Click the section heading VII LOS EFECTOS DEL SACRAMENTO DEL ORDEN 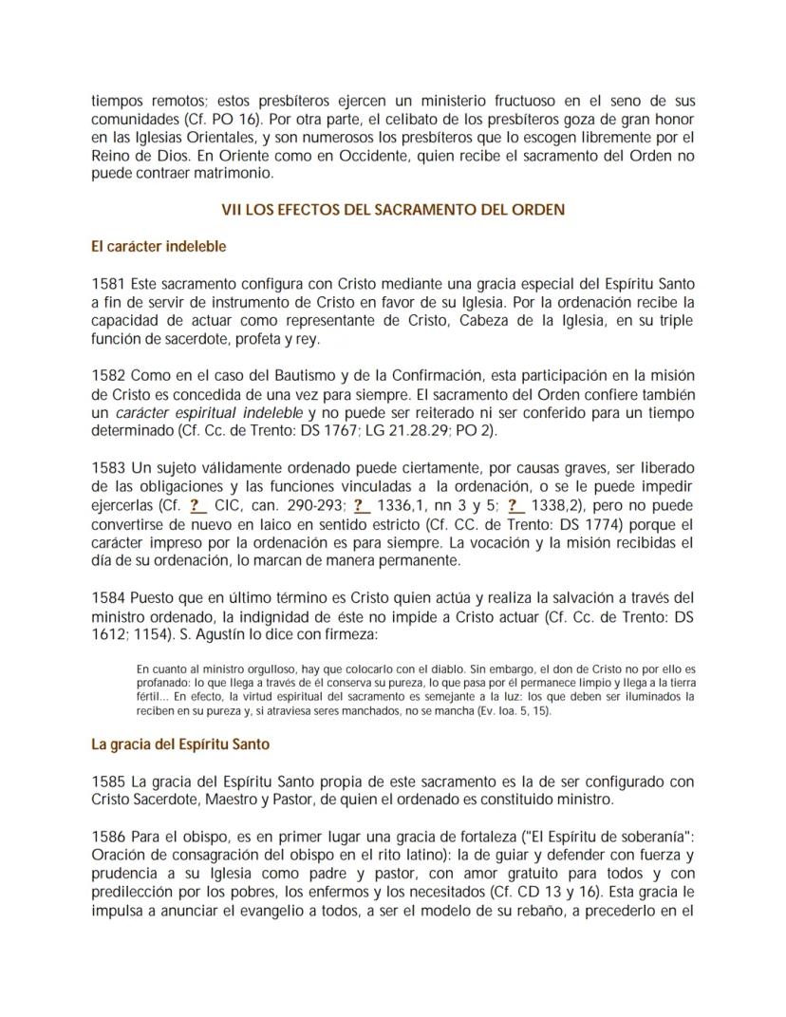(392, 210)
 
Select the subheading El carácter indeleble (159, 246)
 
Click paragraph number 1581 (108, 283)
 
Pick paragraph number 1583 (108, 468)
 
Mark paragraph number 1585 (108, 782)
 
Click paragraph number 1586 (108, 837)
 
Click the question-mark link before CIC (197, 505)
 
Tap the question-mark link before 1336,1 (361, 505)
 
